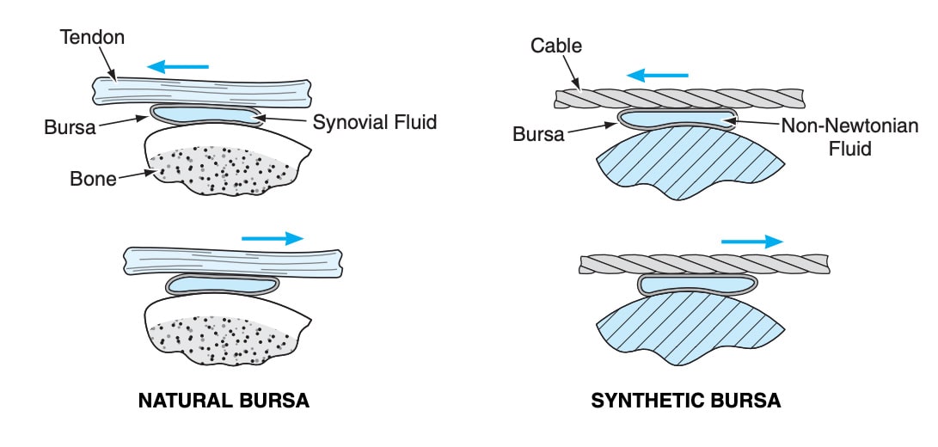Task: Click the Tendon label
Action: [92, 37]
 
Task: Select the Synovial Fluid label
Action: [375, 122]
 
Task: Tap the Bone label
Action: [94, 178]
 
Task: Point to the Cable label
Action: [555, 46]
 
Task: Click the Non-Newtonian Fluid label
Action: [849, 137]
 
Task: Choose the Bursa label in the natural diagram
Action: [70, 127]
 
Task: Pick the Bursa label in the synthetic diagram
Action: [538, 134]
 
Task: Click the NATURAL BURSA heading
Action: [224, 401]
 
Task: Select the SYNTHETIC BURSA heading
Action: [685, 401]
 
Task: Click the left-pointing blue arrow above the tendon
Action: [178, 66]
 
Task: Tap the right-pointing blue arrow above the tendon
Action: [273, 238]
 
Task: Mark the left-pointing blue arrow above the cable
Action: [657, 76]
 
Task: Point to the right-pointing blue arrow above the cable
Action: [752, 242]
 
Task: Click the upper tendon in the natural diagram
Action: [202, 94]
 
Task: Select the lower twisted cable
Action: [705, 264]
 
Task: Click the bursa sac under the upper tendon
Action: [205, 114]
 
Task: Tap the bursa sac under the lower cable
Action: [697, 284]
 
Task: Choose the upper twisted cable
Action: [679, 98]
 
